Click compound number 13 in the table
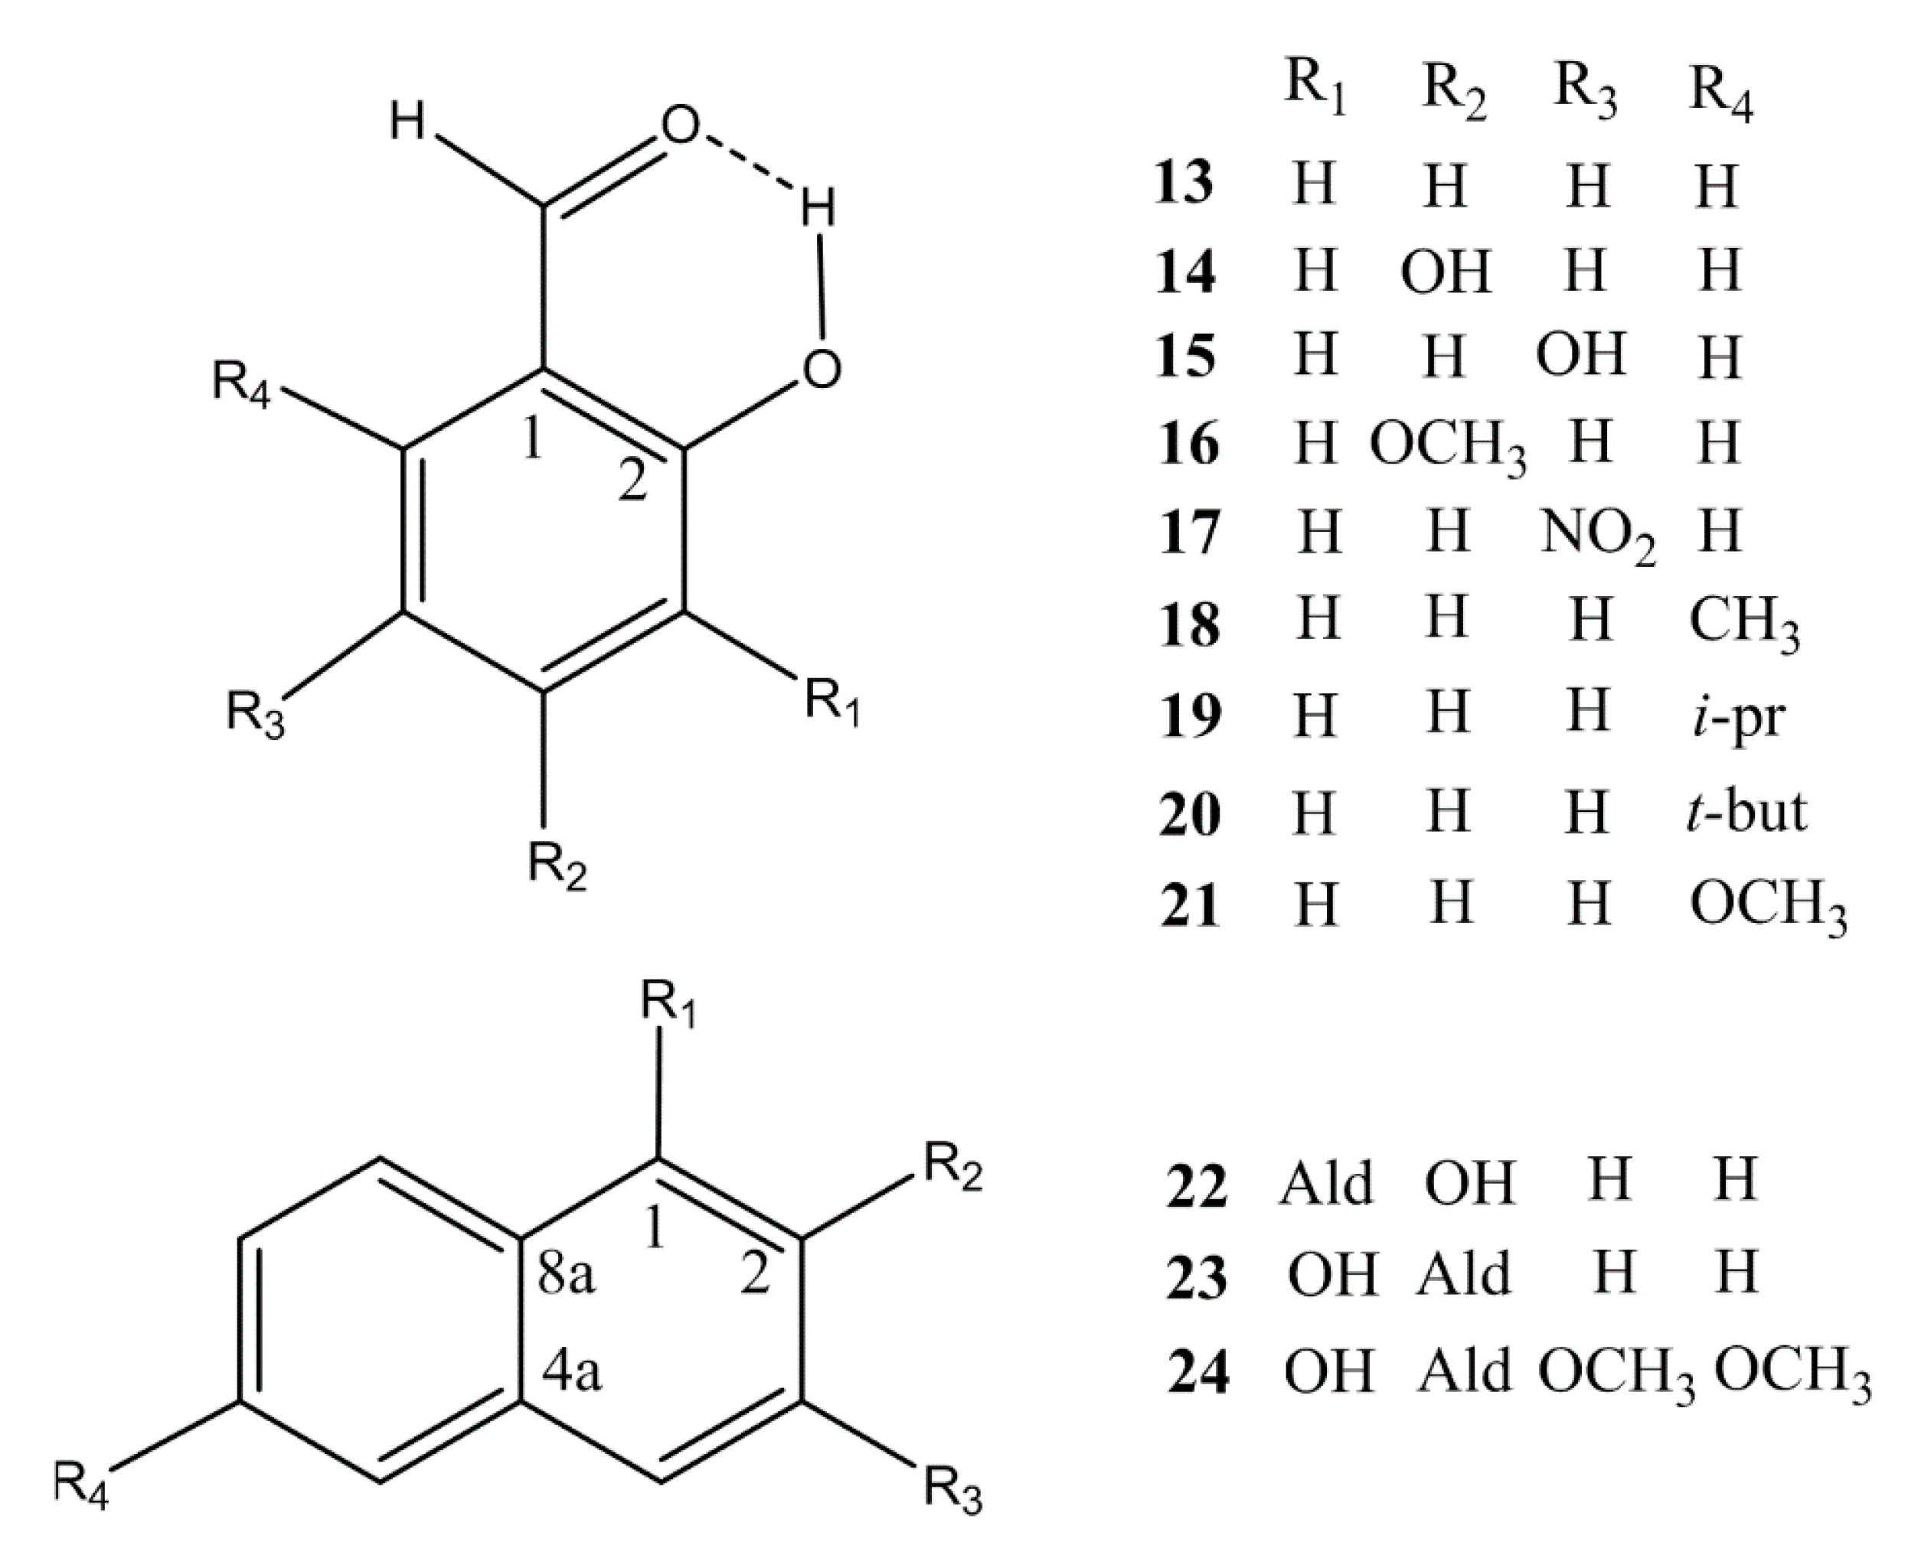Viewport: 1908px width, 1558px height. [x=1184, y=182]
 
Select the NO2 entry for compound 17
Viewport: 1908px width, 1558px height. [x=1598, y=534]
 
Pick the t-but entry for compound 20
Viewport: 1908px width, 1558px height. [x=1746, y=810]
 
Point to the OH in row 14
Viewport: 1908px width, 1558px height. [x=1446, y=271]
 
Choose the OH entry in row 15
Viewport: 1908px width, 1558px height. [x=1580, y=354]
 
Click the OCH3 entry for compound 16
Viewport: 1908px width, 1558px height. [x=1447, y=446]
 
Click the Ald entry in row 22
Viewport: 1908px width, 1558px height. [x=1326, y=1184]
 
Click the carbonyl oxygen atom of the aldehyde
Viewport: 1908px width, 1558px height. [x=680, y=125]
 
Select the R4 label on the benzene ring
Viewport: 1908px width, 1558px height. [x=240, y=383]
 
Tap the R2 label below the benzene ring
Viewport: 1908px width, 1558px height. [x=557, y=866]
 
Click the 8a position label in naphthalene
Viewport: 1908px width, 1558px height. [x=566, y=1274]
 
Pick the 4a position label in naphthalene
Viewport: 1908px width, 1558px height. [x=572, y=1372]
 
